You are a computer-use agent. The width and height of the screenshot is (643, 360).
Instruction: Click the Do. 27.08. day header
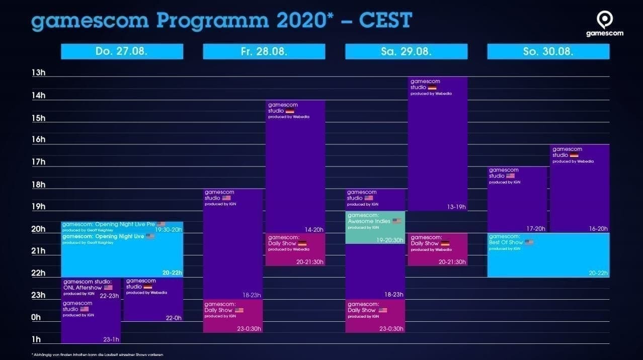tap(122, 51)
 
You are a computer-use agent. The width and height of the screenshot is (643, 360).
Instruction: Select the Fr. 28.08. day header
tap(264, 51)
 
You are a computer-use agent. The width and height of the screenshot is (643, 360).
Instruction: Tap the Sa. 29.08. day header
tap(406, 51)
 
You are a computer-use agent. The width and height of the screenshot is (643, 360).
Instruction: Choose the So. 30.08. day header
tap(548, 51)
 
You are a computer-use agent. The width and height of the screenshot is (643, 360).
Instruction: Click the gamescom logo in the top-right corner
tap(604, 24)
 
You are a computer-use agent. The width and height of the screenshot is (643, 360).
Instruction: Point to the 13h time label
tap(39, 73)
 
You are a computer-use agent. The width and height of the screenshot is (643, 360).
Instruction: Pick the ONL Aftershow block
tap(91, 288)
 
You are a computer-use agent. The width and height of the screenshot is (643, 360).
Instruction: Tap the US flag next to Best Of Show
tap(528, 242)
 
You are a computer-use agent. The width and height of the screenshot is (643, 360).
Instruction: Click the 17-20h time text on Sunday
tap(535, 229)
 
